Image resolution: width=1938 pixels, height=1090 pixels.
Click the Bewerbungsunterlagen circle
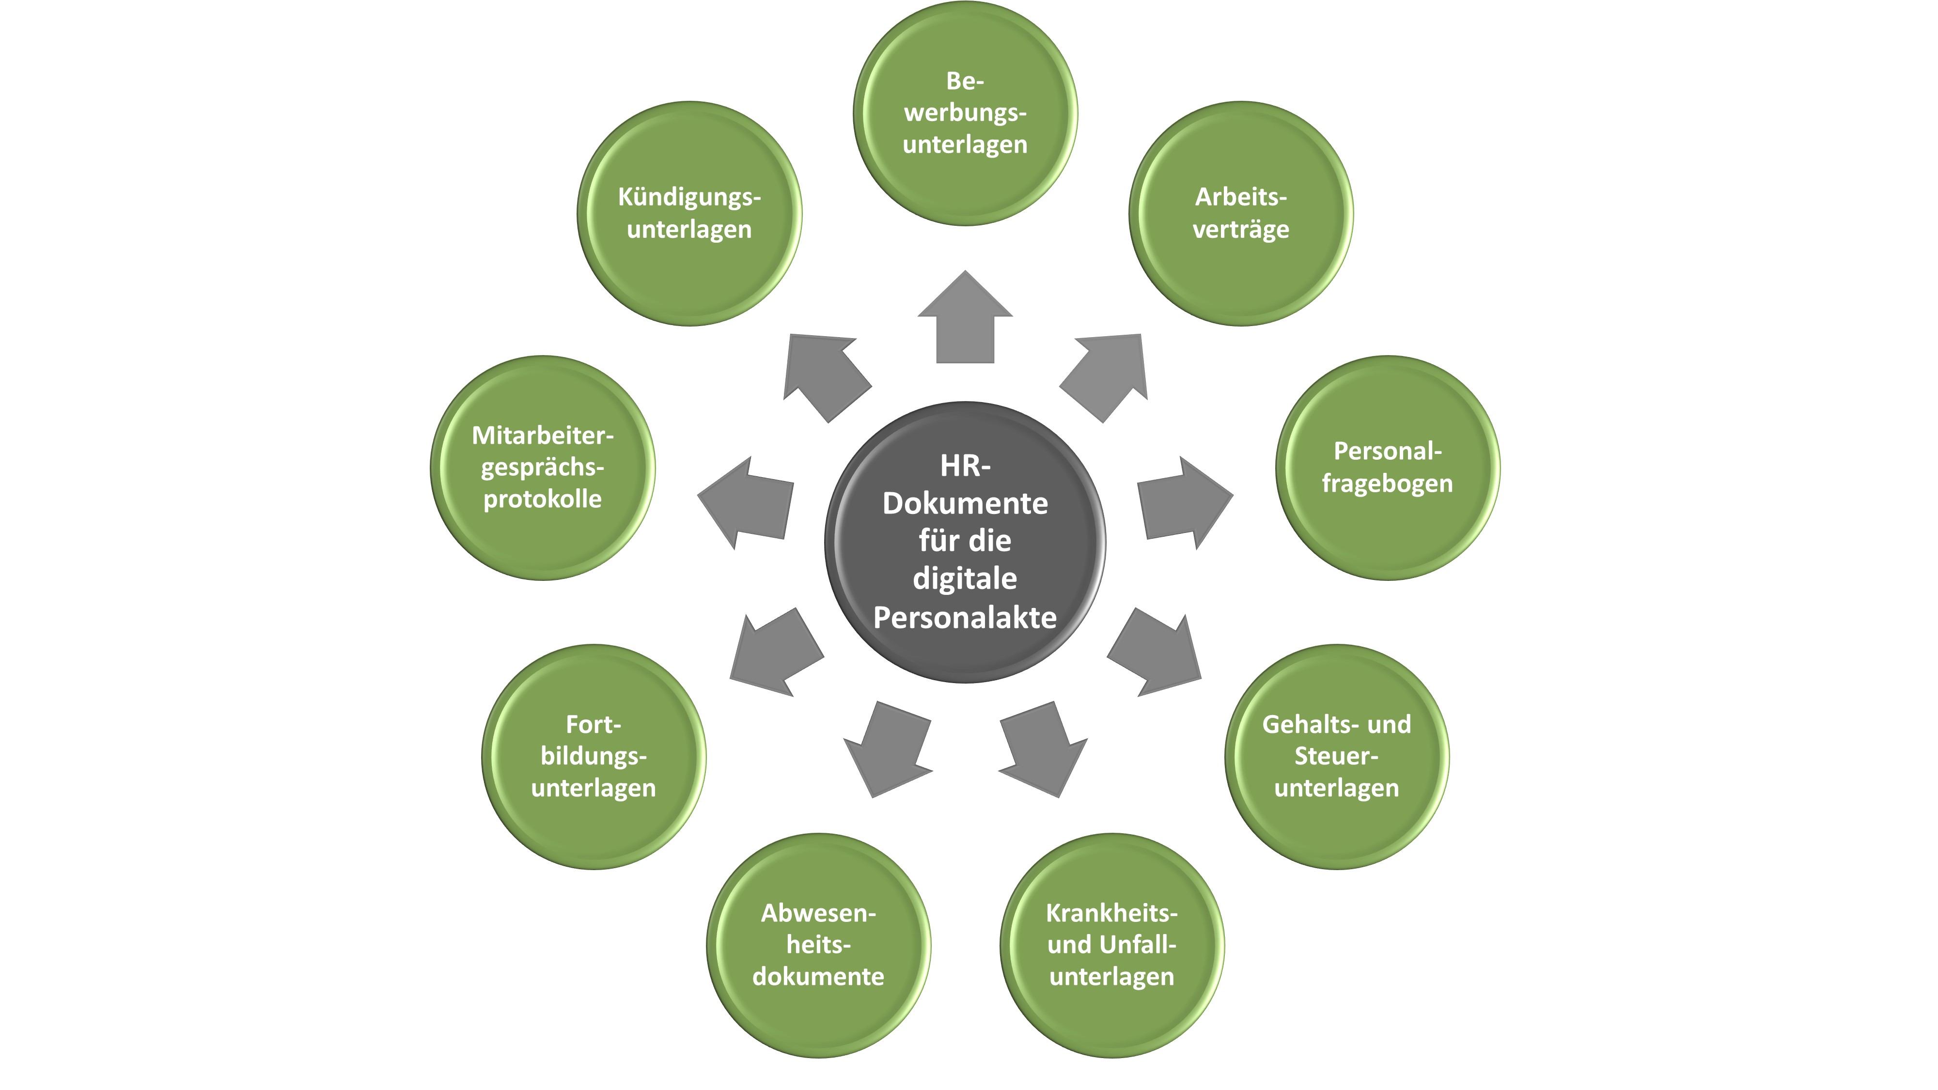click(965, 113)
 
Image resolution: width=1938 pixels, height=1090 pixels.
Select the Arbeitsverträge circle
click(1241, 214)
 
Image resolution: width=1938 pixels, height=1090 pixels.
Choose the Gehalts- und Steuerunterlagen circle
click(1337, 756)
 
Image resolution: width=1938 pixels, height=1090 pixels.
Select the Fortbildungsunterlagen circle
click(594, 756)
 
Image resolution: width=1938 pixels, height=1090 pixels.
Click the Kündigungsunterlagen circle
click(689, 214)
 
